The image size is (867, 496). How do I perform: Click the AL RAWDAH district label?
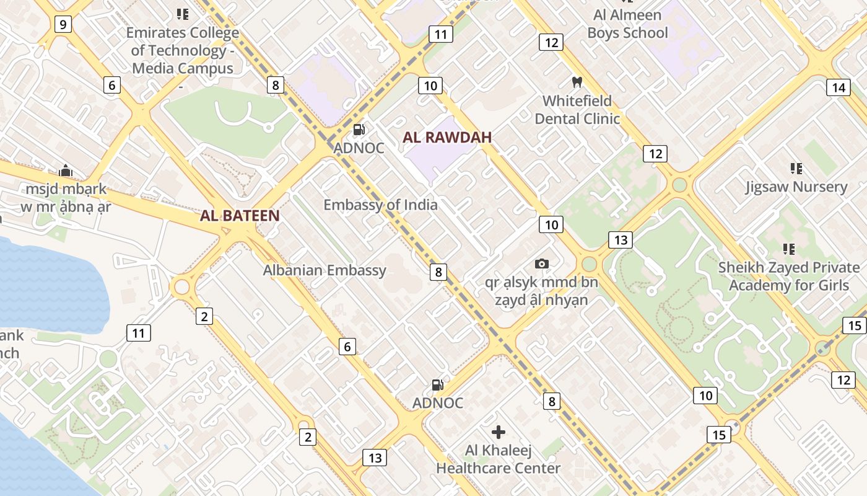[x=447, y=138]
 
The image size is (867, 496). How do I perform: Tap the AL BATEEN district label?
[x=240, y=216]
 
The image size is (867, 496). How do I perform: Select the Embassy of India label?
[x=380, y=205]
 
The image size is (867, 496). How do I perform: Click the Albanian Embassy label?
[x=325, y=270]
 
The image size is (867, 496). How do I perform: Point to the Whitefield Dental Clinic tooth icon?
[x=577, y=82]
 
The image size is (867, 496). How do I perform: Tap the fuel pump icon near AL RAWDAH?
[x=359, y=130]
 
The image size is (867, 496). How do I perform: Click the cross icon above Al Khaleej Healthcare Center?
[x=498, y=432]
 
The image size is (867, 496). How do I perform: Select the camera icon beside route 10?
[x=542, y=263]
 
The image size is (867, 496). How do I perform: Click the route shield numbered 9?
[x=63, y=24]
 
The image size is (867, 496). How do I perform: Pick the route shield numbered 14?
[x=838, y=87]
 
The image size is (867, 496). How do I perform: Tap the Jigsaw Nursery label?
[x=796, y=187]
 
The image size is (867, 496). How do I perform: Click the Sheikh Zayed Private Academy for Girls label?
[x=789, y=277]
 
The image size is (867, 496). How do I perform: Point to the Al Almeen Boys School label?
[x=627, y=24]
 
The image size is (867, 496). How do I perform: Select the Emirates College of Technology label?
[x=183, y=50]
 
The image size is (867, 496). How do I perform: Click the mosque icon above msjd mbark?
[x=66, y=170]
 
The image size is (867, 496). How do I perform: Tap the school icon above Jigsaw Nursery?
[x=796, y=168]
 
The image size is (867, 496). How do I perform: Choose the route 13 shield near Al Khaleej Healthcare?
[x=375, y=458]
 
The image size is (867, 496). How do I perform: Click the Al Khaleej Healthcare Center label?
[x=498, y=459]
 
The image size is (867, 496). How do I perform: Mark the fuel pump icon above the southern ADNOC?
[x=437, y=384]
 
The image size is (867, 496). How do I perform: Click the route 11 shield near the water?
[x=138, y=333]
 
